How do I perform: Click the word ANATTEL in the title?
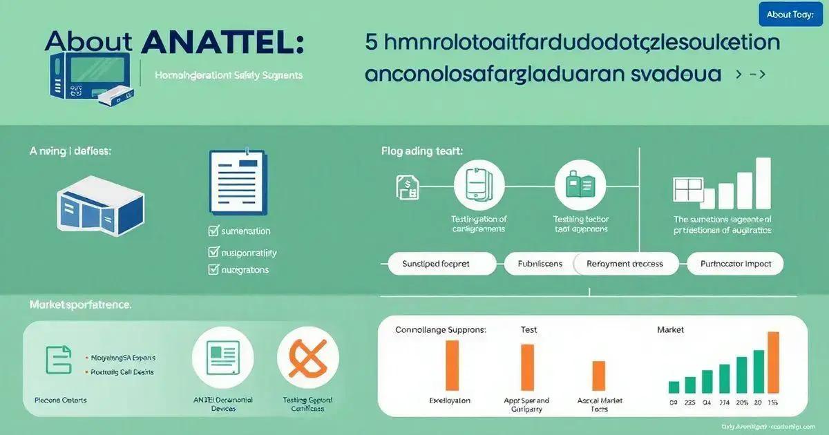click(221, 43)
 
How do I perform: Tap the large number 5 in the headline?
click(372, 42)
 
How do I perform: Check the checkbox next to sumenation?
click(213, 231)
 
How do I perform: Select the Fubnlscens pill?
click(539, 264)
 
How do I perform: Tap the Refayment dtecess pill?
click(625, 264)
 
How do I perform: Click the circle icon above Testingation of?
click(478, 184)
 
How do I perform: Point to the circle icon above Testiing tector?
click(580, 184)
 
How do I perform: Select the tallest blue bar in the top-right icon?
click(763, 182)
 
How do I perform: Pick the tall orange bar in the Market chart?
click(774, 362)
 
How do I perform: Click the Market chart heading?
click(670, 330)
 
